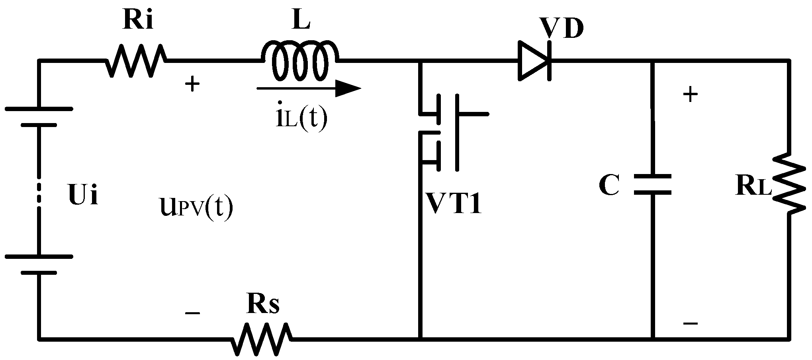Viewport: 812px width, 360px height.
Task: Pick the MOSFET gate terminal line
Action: (x=472, y=114)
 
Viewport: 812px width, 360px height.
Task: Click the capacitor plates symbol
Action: (x=653, y=184)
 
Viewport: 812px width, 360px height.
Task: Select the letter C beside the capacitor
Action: (x=609, y=186)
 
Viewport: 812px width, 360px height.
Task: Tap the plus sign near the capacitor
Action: (x=690, y=95)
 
